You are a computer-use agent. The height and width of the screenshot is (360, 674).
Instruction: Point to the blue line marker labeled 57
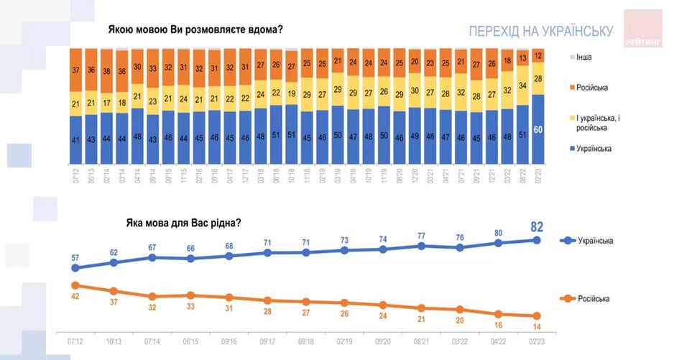coord(75,268)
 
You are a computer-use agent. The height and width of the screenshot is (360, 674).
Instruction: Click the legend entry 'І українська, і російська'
coord(594,121)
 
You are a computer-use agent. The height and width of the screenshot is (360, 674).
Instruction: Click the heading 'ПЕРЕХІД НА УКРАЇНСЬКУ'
coord(540,32)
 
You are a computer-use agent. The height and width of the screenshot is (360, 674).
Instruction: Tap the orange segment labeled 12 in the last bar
coord(538,55)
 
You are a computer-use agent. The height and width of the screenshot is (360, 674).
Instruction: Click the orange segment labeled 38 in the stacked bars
coord(106,70)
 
